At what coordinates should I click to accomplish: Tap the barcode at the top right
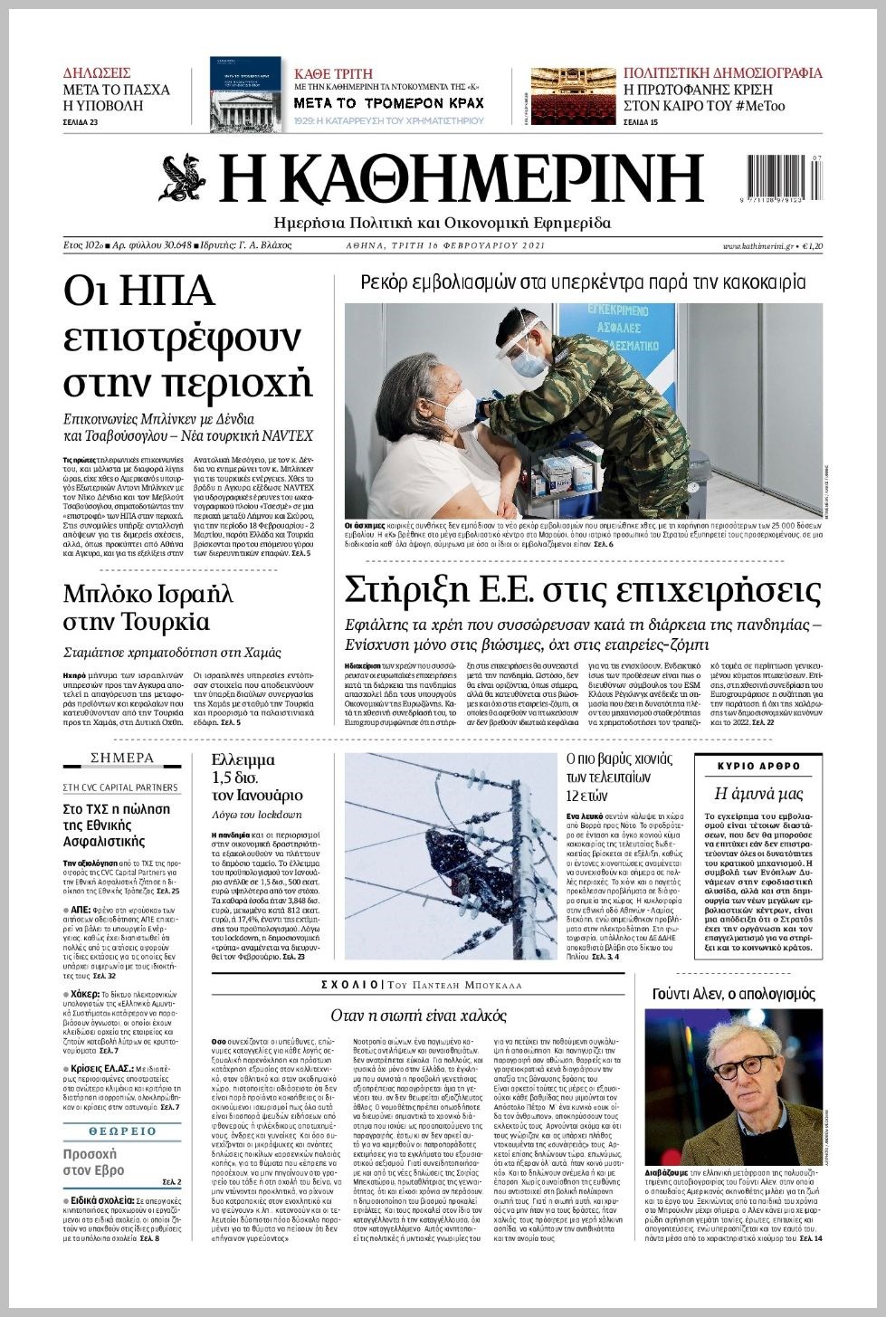pyautogui.click(x=785, y=178)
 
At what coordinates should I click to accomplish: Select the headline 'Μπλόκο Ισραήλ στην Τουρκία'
pyautogui.click(x=148, y=608)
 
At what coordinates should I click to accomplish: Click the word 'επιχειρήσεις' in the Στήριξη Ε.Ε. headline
pyautogui.click(x=706, y=590)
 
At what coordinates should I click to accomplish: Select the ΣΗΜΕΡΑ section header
pyautogui.click(x=123, y=758)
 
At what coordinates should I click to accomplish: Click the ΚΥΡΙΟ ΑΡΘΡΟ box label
pyautogui.click(x=758, y=766)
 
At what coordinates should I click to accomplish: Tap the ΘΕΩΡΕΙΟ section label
pyautogui.click(x=123, y=1131)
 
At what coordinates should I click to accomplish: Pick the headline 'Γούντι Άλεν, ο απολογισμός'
pyautogui.click(x=733, y=994)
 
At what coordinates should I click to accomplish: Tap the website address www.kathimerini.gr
pyautogui.click(x=757, y=246)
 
